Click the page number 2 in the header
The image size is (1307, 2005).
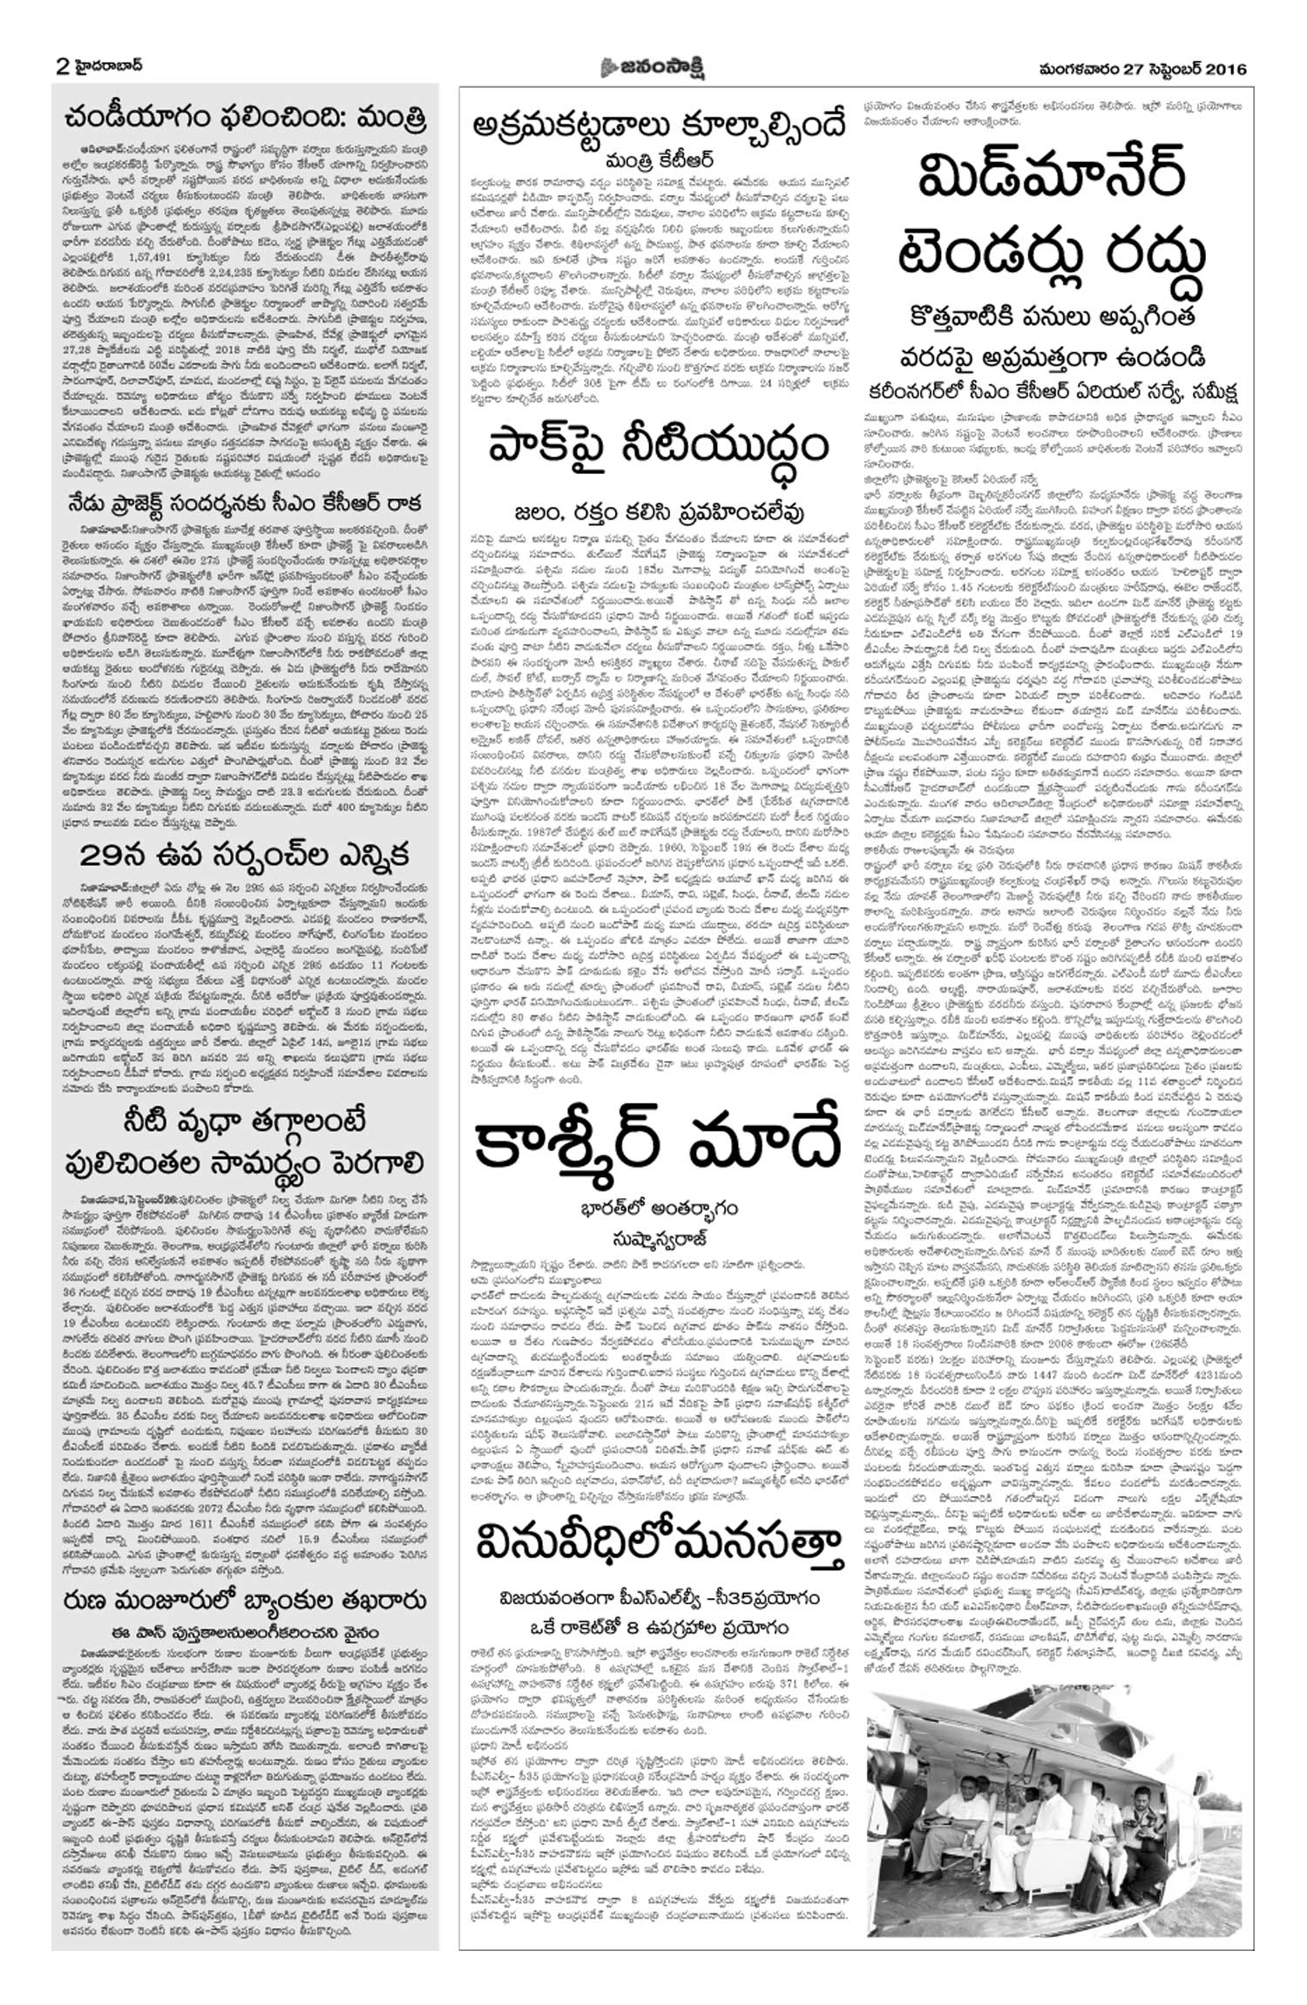coord(63,67)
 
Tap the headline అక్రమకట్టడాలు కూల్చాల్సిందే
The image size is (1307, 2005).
coord(657,125)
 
